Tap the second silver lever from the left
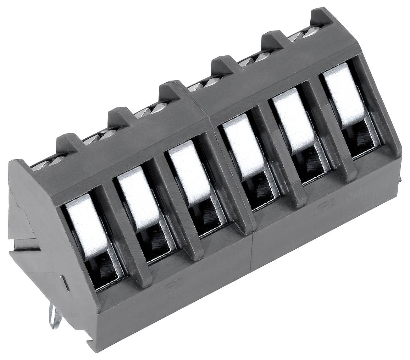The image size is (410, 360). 139,197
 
